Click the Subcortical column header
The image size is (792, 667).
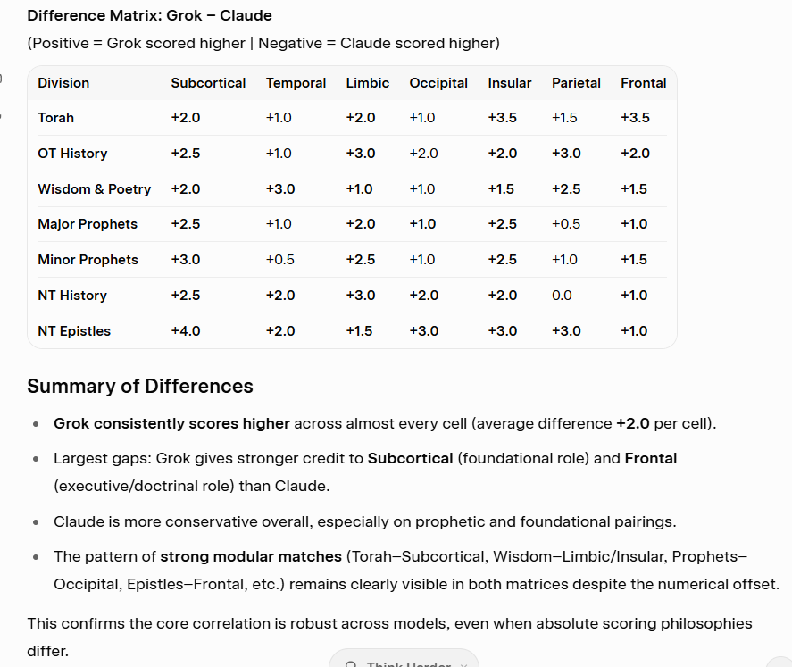tap(208, 83)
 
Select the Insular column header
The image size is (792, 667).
tap(509, 83)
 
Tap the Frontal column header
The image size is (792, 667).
tap(643, 83)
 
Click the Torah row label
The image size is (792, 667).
tap(55, 118)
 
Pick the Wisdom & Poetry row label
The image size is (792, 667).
tap(94, 189)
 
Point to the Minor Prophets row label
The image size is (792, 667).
tap(88, 260)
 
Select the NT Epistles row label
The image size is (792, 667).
tap(74, 331)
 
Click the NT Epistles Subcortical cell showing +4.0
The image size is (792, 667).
tap(186, 331)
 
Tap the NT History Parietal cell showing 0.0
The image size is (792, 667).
tap(562, 296)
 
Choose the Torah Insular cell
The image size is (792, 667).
tap(502, 118)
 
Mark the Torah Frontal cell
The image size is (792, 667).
tap(635, 118)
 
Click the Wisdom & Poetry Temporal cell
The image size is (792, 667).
tap(280, 189)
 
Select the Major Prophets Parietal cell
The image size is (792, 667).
tap(566, 224)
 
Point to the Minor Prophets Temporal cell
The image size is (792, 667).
tap(280, 260)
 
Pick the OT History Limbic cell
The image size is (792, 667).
tap(361, 154)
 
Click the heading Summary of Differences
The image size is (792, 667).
tap(140, 387)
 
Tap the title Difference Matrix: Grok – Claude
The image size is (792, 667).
tap(149, 16)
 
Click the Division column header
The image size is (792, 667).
tap(63, 83)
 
